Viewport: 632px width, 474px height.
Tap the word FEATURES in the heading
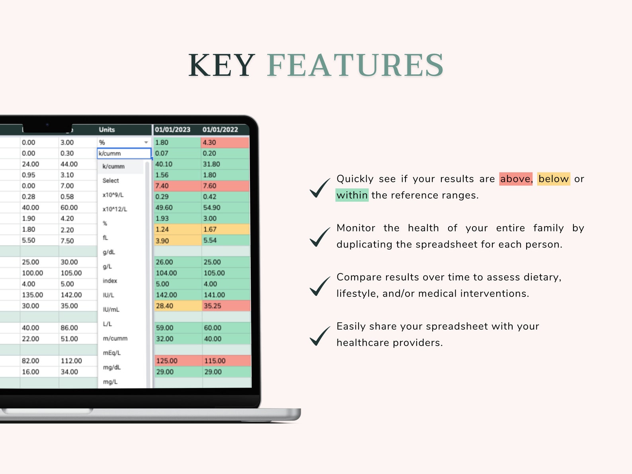point(355,65)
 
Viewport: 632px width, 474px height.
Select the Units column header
point(107,130)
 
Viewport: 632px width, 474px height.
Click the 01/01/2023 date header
point(172,130)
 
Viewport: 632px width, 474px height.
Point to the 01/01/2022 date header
point(220,130)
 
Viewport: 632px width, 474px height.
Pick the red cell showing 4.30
point(225,142)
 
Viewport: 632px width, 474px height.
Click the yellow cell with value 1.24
point(178,230)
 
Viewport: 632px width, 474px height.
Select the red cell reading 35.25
point(226,306)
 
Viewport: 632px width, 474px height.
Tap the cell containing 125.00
point(178,361)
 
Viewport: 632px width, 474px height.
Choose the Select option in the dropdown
point(111,181)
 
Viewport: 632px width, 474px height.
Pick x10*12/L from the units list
point(115,209)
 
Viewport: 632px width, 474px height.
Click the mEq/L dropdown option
point(111,353)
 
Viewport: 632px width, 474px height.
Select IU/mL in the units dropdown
point(111,310)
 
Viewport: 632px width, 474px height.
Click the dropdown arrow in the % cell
point(146,142)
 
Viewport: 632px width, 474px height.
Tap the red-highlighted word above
point(515,179)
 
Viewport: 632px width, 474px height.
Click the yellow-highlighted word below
point(553,179)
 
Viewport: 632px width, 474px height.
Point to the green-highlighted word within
point(352,195)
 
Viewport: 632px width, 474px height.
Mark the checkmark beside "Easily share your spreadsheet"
point(320,336)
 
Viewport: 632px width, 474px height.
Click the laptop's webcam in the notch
point(47,125)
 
